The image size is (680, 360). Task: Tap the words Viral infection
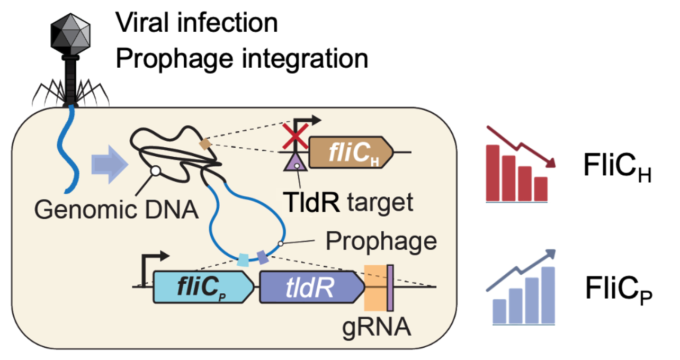pyautogui.click(x=196, y=23)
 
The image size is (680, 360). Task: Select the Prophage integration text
pyautogui.click(x=241, y=58)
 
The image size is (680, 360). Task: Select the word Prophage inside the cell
pyautogui.click(x=381, y=241)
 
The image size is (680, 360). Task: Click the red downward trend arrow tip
pyautogui.click(x=553, y=164)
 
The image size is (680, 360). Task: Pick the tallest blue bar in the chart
pyautogui.click(x=548, y=295)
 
